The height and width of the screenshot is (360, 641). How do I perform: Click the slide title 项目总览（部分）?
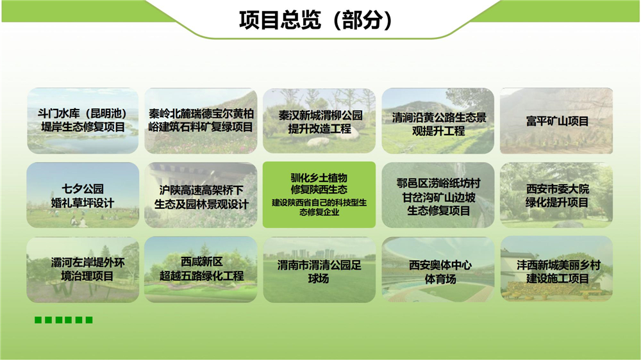coord(315,20)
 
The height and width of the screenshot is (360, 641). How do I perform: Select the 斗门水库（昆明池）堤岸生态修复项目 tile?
coord(83,120)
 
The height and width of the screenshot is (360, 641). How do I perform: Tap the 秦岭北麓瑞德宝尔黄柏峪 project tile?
coord(201,120)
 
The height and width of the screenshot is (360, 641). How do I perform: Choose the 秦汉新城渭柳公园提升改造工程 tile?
coord(319,120)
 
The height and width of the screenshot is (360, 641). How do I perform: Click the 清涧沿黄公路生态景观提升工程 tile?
coord(438,120)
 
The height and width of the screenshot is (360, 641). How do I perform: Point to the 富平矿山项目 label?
coord(557,121)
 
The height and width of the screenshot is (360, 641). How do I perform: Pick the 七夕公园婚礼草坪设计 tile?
coord(83,195)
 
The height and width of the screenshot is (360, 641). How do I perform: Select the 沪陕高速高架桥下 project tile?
coord(201,195)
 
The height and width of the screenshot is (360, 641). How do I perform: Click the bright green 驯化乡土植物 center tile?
coord(319,195)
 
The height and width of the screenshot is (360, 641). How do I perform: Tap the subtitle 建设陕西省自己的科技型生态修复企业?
coord(319,207)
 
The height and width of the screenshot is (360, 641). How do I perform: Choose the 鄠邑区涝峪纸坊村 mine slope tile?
coord(438,195)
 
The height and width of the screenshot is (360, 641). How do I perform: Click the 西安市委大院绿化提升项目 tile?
coord(556,195)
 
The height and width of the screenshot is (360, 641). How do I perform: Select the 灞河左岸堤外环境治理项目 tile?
coord(83,270)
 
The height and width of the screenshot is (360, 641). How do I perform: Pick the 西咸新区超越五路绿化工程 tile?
coord(201,270)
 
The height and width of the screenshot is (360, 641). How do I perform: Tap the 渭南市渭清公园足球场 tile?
coord(319,270)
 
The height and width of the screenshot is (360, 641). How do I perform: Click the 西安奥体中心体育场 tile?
coord(438,270)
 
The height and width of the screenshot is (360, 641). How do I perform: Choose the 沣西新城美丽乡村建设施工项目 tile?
coord(556,270)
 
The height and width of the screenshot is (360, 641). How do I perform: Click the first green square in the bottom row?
coord(38,320)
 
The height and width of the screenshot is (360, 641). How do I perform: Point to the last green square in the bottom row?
coord(89,320)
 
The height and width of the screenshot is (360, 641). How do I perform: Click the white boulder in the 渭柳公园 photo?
coord(319,142)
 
